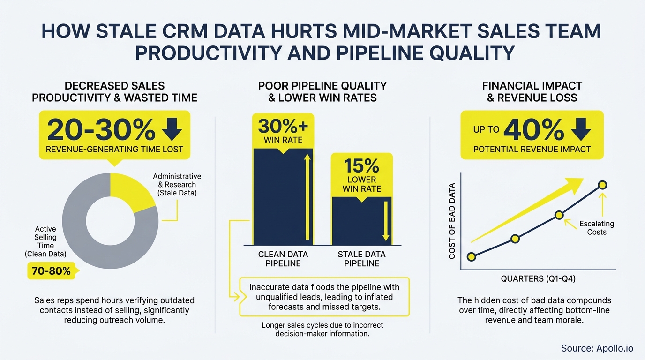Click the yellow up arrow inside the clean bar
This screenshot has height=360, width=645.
(307, 197)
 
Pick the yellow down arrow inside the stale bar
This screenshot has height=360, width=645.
(386, 220)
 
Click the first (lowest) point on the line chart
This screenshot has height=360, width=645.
(472, 256)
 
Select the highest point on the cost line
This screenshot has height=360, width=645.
(603, 185)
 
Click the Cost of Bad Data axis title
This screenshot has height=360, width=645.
(452, 220)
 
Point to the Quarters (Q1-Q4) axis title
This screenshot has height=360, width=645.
(538, 279)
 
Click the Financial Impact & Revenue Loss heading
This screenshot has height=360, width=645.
(532, 92)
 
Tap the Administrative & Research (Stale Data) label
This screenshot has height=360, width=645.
(177, 185)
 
